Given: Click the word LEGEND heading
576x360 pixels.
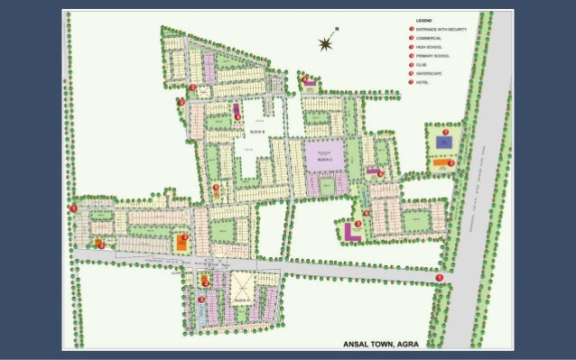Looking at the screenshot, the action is (425, 20).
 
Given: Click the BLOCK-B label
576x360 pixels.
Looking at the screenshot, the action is (258, 133).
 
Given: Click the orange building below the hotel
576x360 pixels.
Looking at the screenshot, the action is (443, 163).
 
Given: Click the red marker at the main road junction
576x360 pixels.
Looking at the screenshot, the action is (439, 277).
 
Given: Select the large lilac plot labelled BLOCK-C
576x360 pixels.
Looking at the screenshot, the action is (324, 156).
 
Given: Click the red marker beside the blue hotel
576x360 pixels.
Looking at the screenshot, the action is (446, 132).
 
